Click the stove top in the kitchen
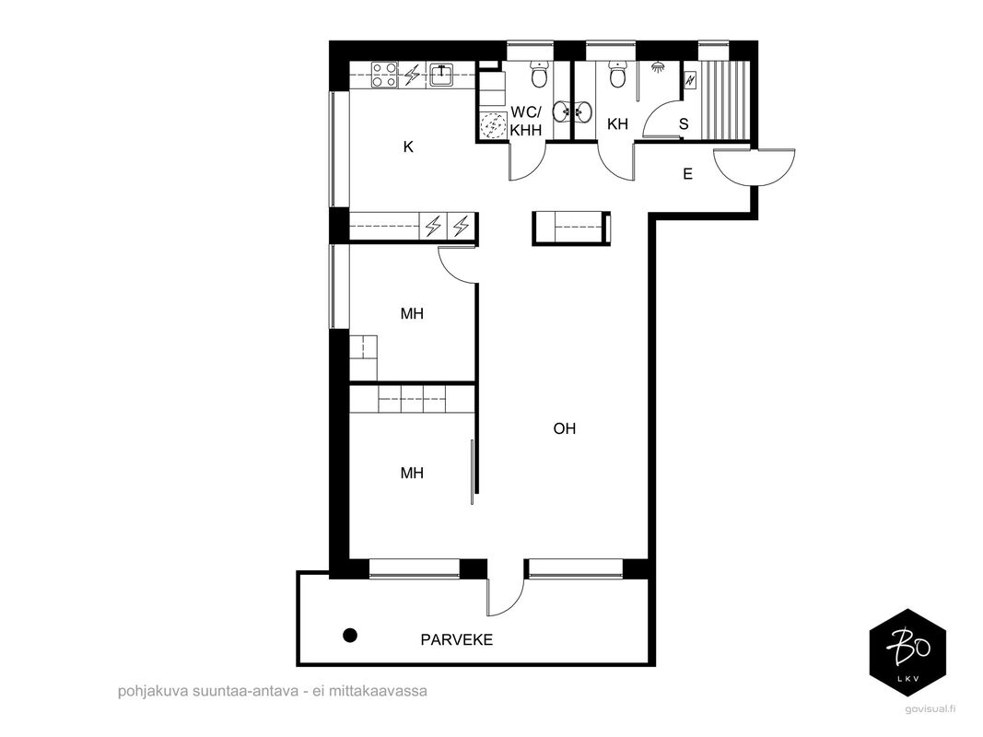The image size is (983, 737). click(383, 76)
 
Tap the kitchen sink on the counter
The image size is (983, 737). click(442, 76)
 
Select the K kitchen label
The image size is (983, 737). click(408, 147)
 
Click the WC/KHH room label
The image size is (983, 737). click(525, 121)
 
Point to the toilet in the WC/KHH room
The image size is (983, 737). click(539, 74)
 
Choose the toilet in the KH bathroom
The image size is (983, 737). click(618, 74)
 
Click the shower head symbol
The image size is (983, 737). click(658, 66)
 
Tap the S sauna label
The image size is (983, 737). click(684, 124)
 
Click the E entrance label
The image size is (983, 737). click(687, 174)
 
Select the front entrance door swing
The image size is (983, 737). click(755, 168)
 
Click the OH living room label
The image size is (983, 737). click(564, 428)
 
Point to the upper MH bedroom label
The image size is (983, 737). click(412, 313)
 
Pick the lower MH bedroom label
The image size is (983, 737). click(412, 474)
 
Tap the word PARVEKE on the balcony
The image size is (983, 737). click(456, 640)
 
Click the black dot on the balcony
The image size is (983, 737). click(350, 636)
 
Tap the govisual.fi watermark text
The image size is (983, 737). click(931, 709)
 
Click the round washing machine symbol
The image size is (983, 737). click(492, 124)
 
